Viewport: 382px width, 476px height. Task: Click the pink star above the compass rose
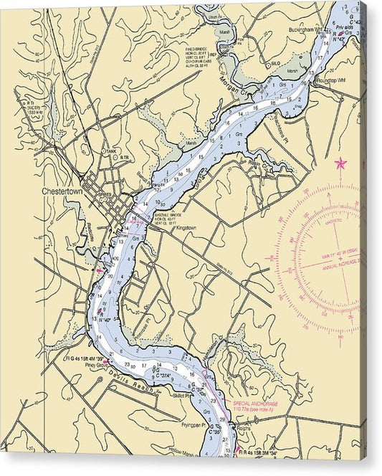340,164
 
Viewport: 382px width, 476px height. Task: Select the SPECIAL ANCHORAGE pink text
255,404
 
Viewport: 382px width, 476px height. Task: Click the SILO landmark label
274,64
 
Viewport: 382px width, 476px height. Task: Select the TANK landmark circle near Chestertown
109,151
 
